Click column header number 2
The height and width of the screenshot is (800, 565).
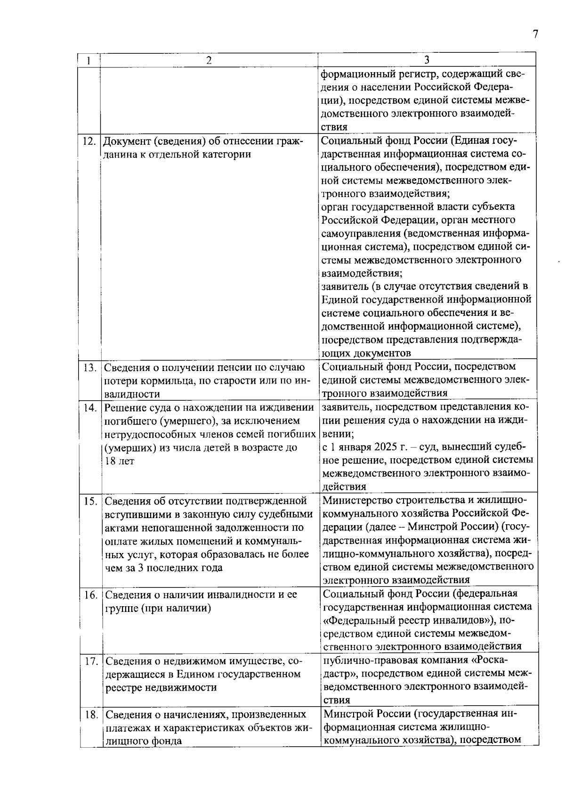[x=209, y=60]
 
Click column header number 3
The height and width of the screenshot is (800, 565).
[x=427, y=60]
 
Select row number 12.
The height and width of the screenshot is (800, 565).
[x=89, y=141]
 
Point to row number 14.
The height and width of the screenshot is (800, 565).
[x=89, y=408]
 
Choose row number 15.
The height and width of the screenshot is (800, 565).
[x=89, y=501]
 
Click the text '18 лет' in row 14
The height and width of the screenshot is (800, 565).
[x=119, y=461]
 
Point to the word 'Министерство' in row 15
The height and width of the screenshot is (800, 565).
[x=354, y=500]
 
